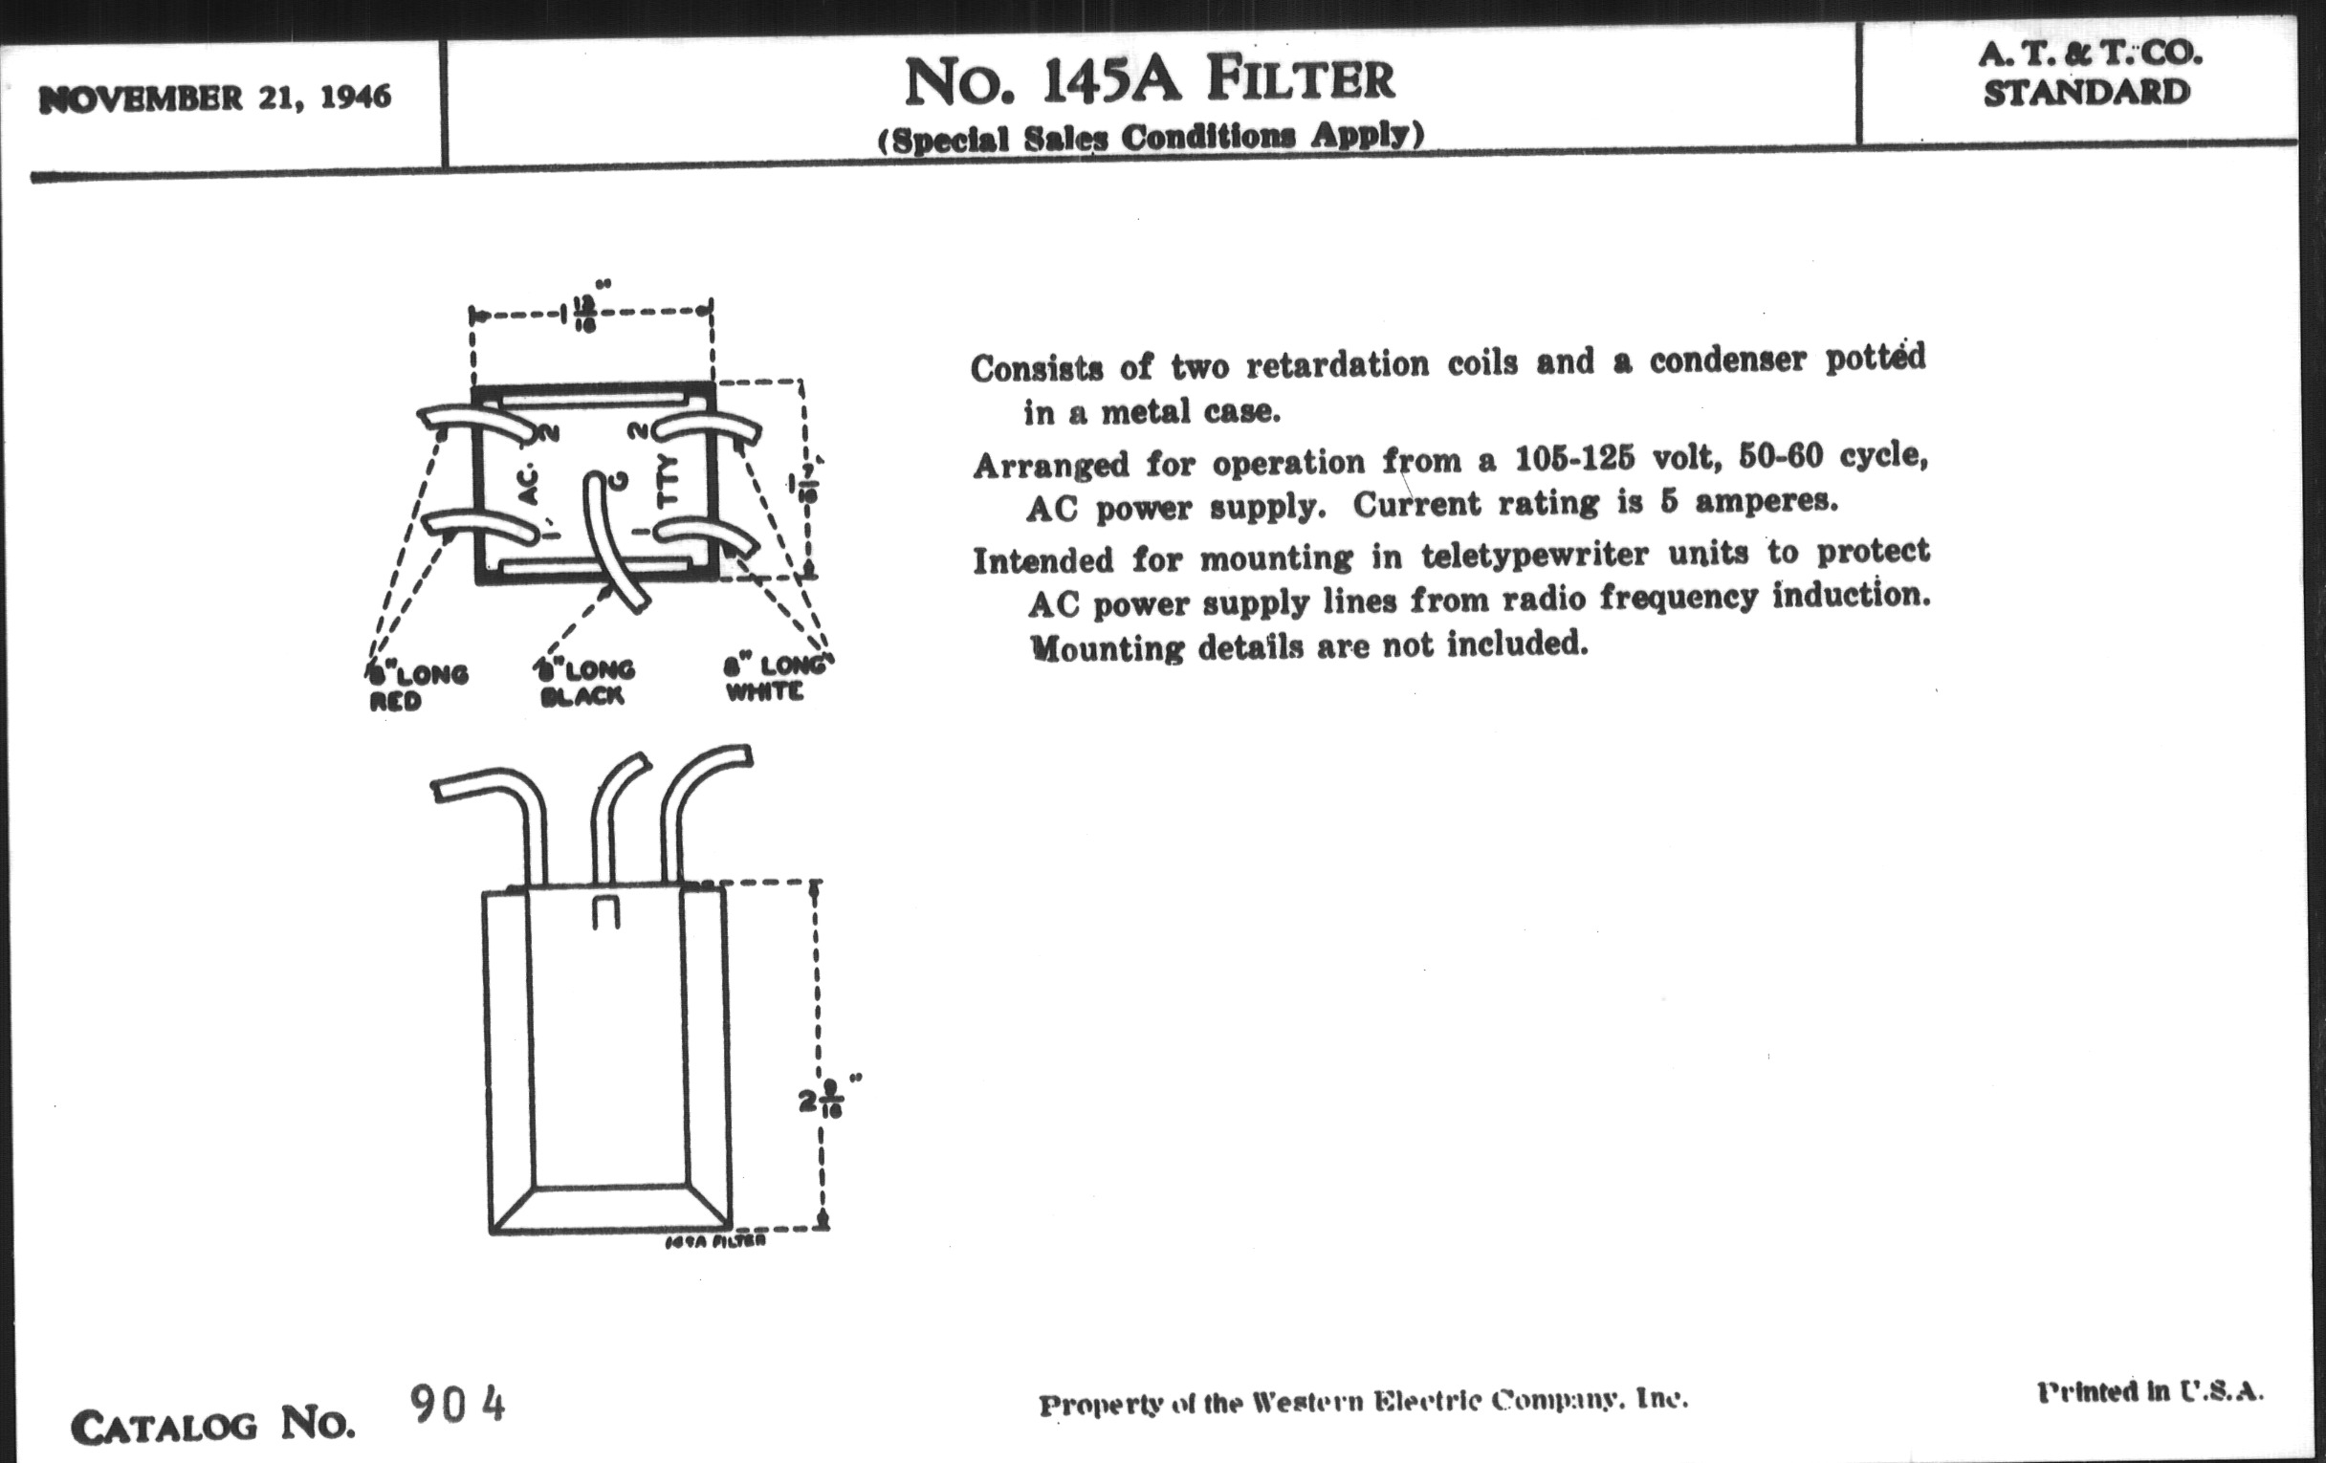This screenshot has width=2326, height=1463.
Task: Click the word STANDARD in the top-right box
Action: [x=2087, y=94]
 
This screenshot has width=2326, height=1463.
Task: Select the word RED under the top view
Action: [x=395, y=701]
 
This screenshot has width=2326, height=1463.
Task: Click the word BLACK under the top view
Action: [x=582, y=696]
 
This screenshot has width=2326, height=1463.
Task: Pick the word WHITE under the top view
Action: [x=764, y=691]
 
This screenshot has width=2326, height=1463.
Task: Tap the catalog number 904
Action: [x=457, y=1404]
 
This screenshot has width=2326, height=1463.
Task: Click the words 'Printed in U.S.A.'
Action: [x=2150, y=1391]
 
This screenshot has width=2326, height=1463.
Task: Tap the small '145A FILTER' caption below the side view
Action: [x=715, y=1242]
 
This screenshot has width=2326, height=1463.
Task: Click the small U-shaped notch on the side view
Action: [x=605, y=912]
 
